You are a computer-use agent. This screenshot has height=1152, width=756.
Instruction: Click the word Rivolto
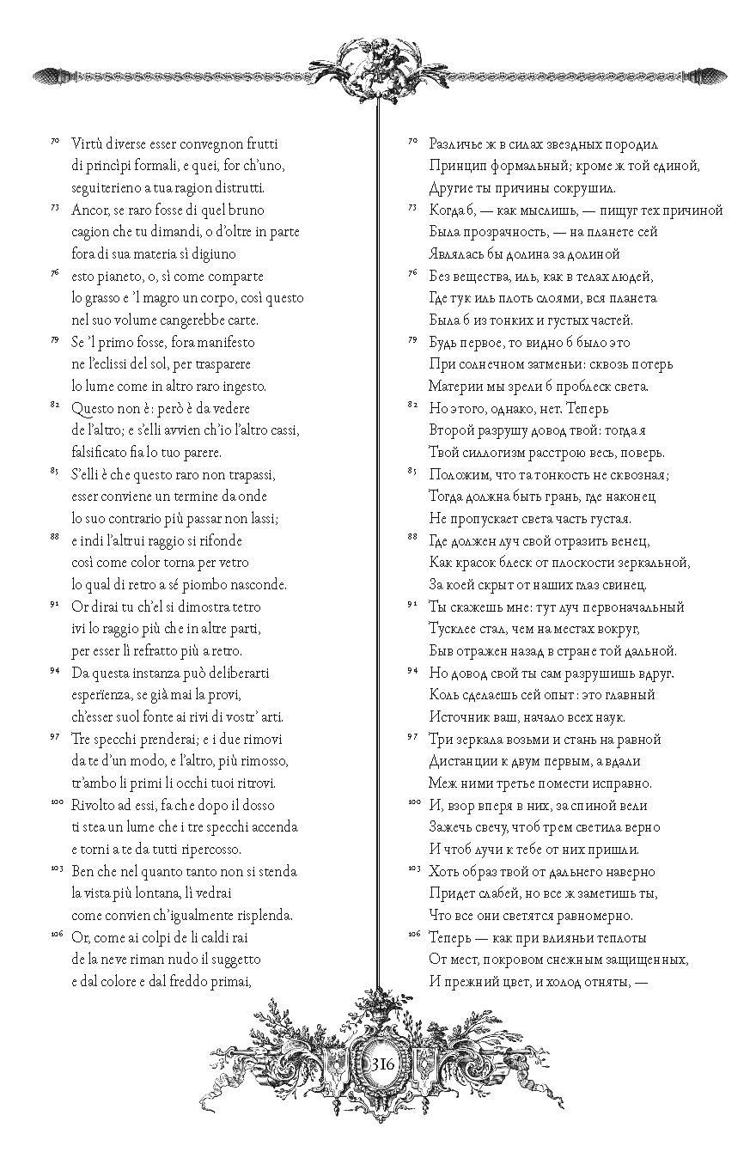94,804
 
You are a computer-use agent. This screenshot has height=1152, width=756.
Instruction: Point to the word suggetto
228,958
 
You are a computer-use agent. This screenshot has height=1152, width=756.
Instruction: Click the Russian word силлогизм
498,452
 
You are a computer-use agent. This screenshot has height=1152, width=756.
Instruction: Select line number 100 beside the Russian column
412,801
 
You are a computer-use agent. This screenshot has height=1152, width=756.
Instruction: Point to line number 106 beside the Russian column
412,933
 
